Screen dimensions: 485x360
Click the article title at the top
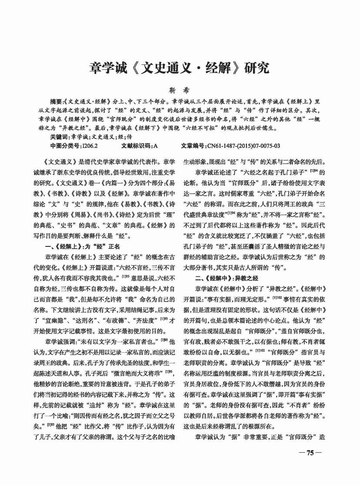coord(179,68)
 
